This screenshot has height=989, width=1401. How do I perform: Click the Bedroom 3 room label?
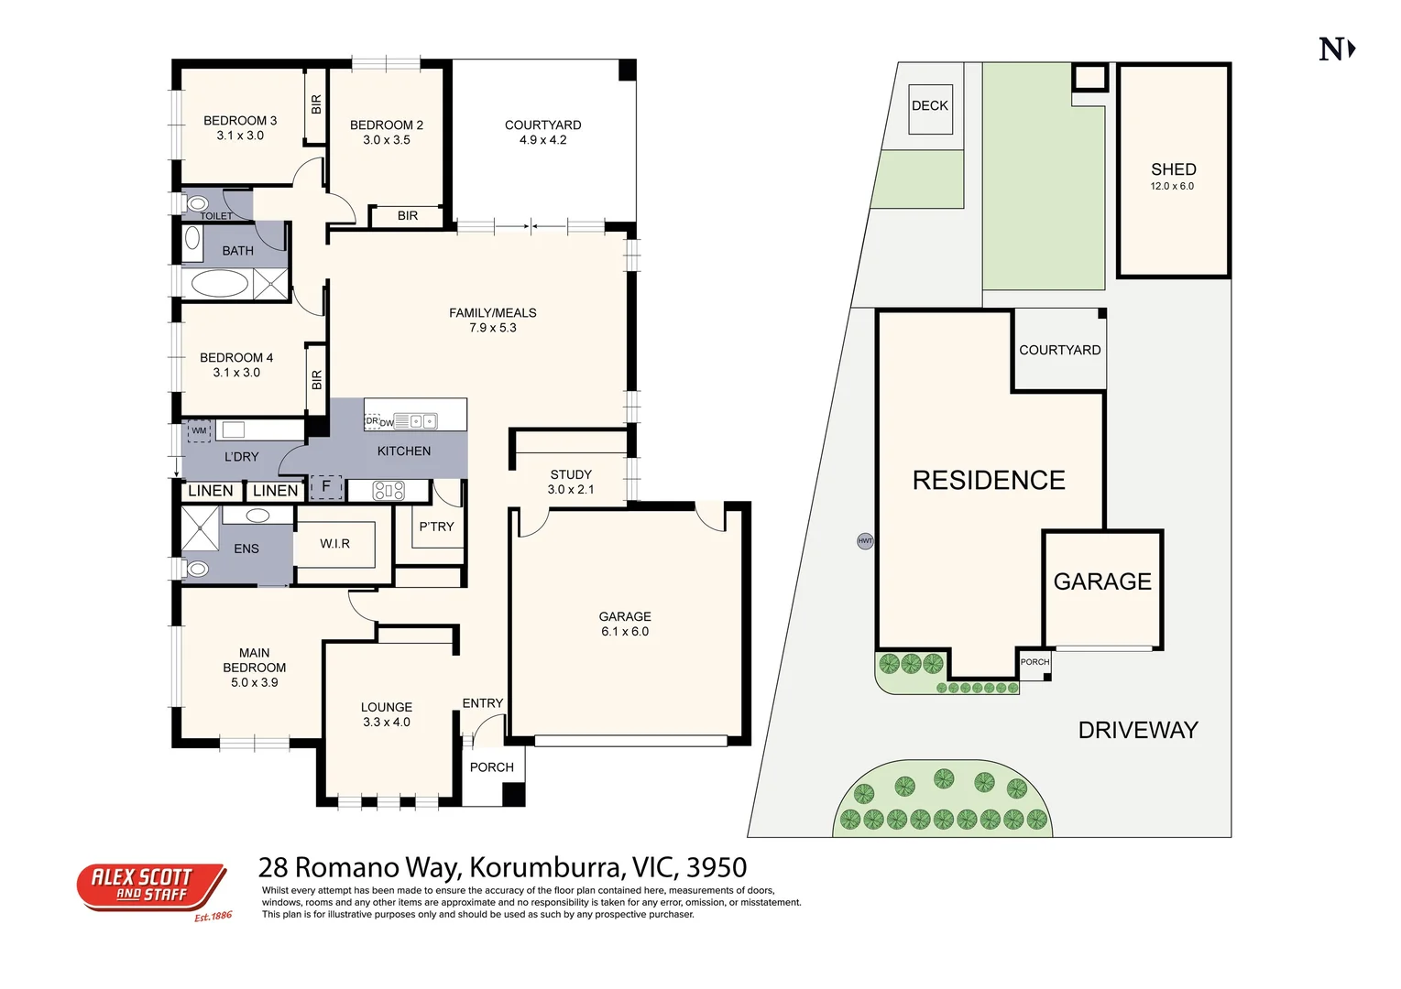click(240, 121)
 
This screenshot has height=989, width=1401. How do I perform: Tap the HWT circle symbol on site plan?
click(865, 541)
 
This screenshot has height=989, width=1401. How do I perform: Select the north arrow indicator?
click(1337, 49)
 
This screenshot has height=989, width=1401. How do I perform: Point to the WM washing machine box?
click(199, 430)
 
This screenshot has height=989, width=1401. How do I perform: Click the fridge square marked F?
click(325, 487)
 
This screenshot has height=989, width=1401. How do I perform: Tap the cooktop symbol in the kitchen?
click(389, 491)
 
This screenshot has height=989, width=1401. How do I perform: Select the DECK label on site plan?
click(930, 106)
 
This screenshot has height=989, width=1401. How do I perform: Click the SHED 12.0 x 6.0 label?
click(1173, 176)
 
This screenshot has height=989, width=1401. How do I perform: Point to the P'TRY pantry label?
click(436, 527)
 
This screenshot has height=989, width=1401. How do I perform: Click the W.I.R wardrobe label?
click(334, 544)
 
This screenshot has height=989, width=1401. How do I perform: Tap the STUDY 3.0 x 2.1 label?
click(571, 482)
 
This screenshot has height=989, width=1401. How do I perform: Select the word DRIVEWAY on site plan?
click(1138, 730)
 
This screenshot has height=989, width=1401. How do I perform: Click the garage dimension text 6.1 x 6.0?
click(625, 632)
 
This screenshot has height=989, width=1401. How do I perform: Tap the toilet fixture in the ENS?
click(196, 570)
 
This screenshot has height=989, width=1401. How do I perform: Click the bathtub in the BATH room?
click(220, 283)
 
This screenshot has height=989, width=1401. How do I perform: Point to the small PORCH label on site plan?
click(1034, 662)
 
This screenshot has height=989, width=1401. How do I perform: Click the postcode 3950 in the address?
click(717, 867)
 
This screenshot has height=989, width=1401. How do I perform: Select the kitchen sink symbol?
click(421, 421)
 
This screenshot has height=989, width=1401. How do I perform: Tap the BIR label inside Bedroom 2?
click(408, 216)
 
